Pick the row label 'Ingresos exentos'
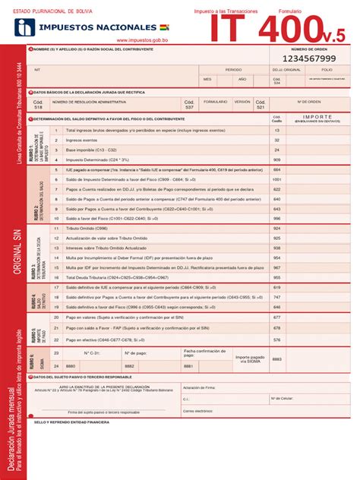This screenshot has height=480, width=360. pyautogui.click(x=84, y=141)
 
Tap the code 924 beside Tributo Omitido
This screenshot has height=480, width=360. pyautogui.click(x=276, y=228)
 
